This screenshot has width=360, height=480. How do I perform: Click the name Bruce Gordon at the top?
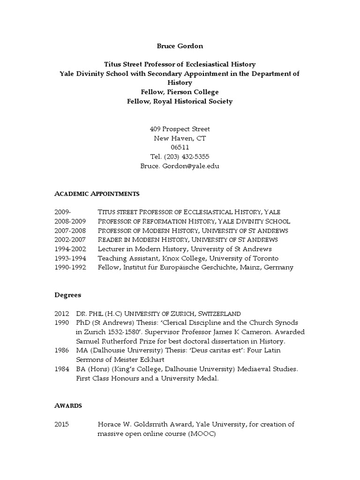[180, 46]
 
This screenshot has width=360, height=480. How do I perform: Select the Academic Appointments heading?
[97, 194]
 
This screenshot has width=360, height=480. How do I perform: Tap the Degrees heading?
[67, 295]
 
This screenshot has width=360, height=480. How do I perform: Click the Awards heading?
[68, 405]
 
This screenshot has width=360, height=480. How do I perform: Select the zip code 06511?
[180, 147]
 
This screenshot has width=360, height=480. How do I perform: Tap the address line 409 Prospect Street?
[180, 129]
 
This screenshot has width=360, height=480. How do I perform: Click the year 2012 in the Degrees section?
[61, 313]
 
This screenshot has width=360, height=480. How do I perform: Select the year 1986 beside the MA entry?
[61, 350]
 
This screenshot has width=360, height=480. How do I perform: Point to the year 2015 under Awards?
[61, 424]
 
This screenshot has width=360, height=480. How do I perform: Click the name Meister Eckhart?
[135, 360]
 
